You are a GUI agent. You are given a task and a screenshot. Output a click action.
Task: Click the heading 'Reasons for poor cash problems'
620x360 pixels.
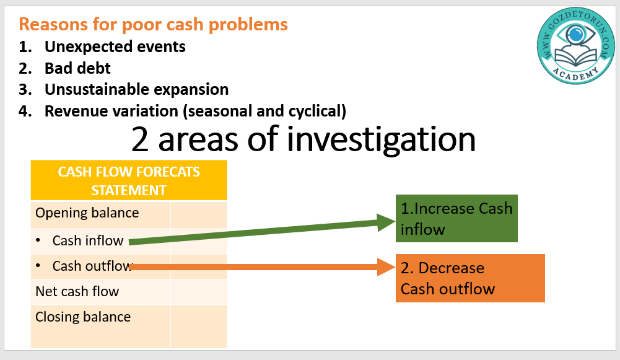coord(153,24)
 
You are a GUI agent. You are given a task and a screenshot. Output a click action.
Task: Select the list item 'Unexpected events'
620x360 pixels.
coord(115,46)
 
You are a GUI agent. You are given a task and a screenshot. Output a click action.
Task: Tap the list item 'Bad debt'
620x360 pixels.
coord(77,68)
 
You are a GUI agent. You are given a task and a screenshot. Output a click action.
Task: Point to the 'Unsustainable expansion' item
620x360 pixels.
coord(136,89)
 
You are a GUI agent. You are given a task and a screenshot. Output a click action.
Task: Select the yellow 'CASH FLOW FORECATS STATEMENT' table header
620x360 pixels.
coord(129,180)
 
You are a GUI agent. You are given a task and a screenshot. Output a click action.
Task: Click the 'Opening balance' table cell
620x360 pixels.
coord(87,213)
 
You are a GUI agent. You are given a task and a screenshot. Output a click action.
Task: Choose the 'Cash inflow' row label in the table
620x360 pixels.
coord(88,240)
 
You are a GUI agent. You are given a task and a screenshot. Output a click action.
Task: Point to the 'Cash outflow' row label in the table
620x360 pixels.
coord(92,266)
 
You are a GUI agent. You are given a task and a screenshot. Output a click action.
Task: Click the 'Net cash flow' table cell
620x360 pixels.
coord(77,291)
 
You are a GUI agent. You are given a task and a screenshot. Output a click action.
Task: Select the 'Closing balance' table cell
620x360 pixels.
coord(83,317)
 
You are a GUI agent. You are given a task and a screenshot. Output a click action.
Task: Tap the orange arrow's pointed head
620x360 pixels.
coord(389,268)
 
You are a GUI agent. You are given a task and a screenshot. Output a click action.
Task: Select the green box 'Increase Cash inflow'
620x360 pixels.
coord(456,219)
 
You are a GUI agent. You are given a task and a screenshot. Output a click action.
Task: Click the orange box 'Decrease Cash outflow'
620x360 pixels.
coord(470,278)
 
